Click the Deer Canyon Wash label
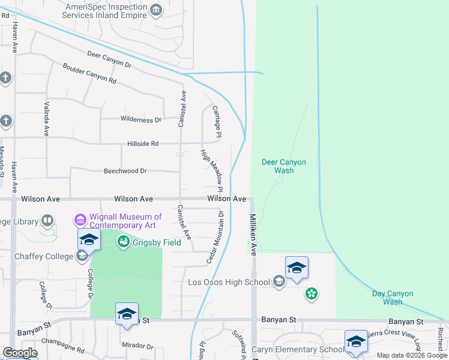[284, 166]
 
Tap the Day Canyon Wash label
[393, 298]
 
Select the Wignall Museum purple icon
[80, 221]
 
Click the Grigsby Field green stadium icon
[124, 242]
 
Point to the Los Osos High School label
[229, 282]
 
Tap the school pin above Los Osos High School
[297, 268]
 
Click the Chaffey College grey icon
[82, 257]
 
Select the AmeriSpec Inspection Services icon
[156, 9]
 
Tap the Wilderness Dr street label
[141, 120]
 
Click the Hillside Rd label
[142, 144]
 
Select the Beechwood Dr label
[125, 171]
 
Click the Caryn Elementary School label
[298, 350]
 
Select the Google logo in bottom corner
[20, 353]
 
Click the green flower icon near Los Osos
[311, 294]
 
